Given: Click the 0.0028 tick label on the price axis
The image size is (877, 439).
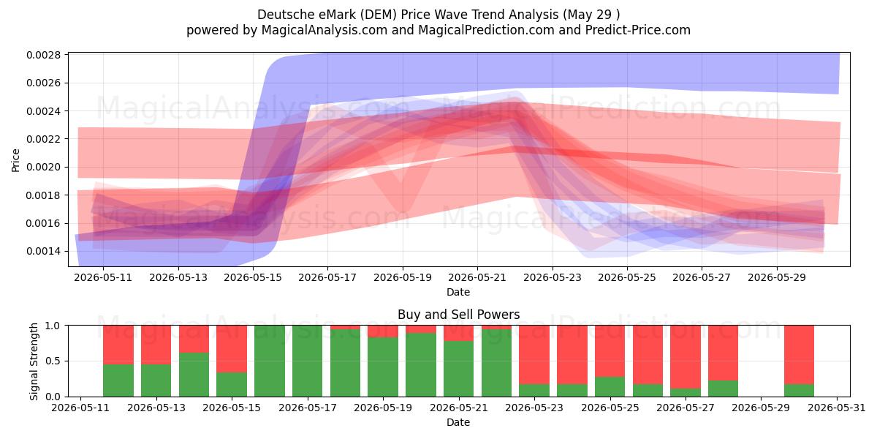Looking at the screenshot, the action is pyautogui.click(x=43, y=55).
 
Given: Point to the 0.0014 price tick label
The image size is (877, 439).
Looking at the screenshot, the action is pyautogui.click(x=43, y=251).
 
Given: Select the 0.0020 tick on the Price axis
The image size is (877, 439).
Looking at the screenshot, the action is pyautogui.click(x=43, y=167).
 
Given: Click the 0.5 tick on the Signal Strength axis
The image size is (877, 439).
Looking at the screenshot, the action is pyautogui.click(x=53, y=361).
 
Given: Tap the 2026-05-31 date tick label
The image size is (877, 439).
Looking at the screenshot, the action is pyautogui.click(x=837, y=408).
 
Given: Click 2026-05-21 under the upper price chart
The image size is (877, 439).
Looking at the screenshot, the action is pyautogui.click(x=477, y=277).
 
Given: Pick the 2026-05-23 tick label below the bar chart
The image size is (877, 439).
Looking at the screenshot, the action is pyautogui.click(x=534, y=408).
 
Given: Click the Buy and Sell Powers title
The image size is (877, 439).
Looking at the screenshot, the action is pyautogui.click(x=458, y=315).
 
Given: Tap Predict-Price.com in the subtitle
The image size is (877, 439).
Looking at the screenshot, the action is pyautogui.click(x=638, y=30).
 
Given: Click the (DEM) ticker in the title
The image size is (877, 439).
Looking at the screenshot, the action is pyautogui.click(x=379, y=15).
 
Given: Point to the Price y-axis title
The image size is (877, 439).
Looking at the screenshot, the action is pyautogui.click(x=15, y=160).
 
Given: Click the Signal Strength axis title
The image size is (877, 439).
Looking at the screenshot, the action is pyautogui.click(x=34, y=361).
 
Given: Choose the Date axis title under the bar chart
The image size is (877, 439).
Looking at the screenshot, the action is pyautogui.click(x=458, y=422).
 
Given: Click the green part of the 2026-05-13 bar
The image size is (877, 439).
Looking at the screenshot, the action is pyautogui.click(x=156, y=380).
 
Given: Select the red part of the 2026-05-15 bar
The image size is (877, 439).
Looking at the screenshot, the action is pyautogui.click(x=232, y=348).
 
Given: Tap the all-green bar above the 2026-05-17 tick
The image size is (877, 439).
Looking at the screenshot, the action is pyautogui.click(x=308, y=361).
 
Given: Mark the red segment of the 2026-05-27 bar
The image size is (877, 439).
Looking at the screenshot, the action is pyautogui.click(x=686, y=357).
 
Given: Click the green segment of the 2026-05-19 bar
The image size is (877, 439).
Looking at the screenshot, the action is pyautogui.click(x=383, y=367).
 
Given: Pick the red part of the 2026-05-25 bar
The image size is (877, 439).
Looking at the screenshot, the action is pyautogui.click(x=610, y=351).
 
